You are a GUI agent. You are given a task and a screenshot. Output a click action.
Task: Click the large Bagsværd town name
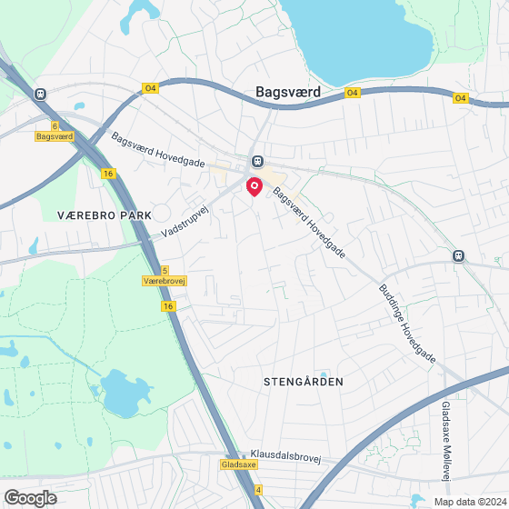[283, 92]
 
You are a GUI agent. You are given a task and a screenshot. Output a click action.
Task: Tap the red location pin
[254, 187]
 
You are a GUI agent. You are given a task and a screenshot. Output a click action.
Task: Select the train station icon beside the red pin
[258, 162]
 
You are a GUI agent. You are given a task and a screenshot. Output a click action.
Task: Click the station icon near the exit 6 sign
[40, 93]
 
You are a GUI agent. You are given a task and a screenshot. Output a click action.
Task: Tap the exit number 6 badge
[55, 125]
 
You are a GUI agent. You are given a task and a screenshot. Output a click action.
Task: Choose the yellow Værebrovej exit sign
[165, 282]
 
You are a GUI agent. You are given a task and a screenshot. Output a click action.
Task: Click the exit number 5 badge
[165, 271]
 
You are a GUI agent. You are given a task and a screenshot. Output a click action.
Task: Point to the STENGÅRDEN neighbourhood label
[303, 382]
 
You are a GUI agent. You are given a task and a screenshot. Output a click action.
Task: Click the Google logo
[30, 497]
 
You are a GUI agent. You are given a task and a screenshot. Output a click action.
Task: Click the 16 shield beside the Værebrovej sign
[169, 307]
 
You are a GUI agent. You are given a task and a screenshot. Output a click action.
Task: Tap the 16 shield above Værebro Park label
[108, 174]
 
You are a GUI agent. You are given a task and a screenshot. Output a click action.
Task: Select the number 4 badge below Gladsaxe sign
[258, 490]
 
